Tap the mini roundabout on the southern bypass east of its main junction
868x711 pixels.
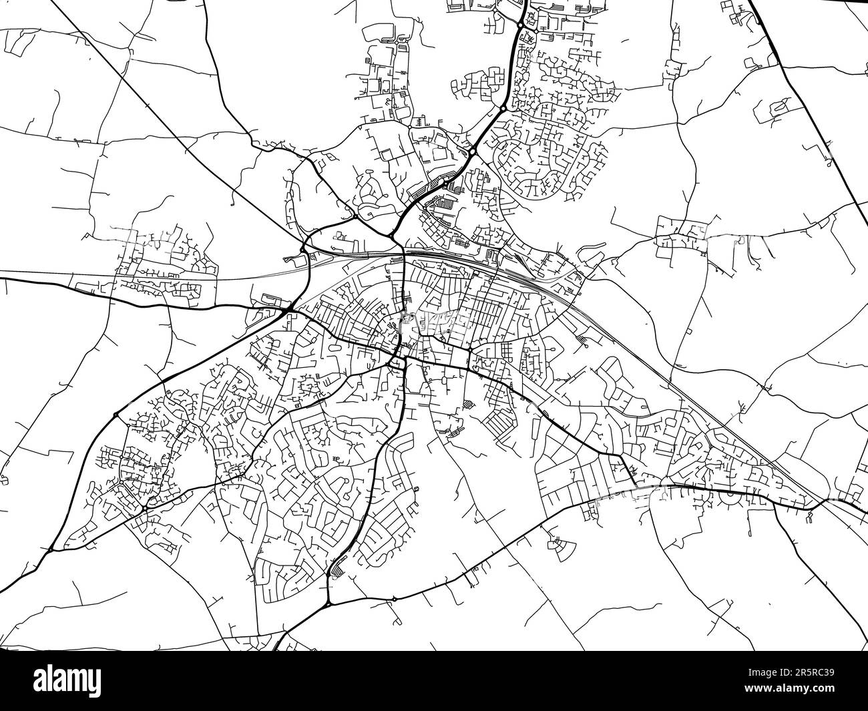click(395, 600)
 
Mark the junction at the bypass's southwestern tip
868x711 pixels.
click(51, 550)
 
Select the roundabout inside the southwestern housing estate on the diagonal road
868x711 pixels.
click(144, 509)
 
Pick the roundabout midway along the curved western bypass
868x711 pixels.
click(116, 415)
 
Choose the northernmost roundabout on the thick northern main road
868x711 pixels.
click(520, 25)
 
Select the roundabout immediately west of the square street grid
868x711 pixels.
click(470, 350)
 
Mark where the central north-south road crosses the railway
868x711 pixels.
click(405, 254)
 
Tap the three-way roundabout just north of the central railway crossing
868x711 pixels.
click(390, 235)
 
